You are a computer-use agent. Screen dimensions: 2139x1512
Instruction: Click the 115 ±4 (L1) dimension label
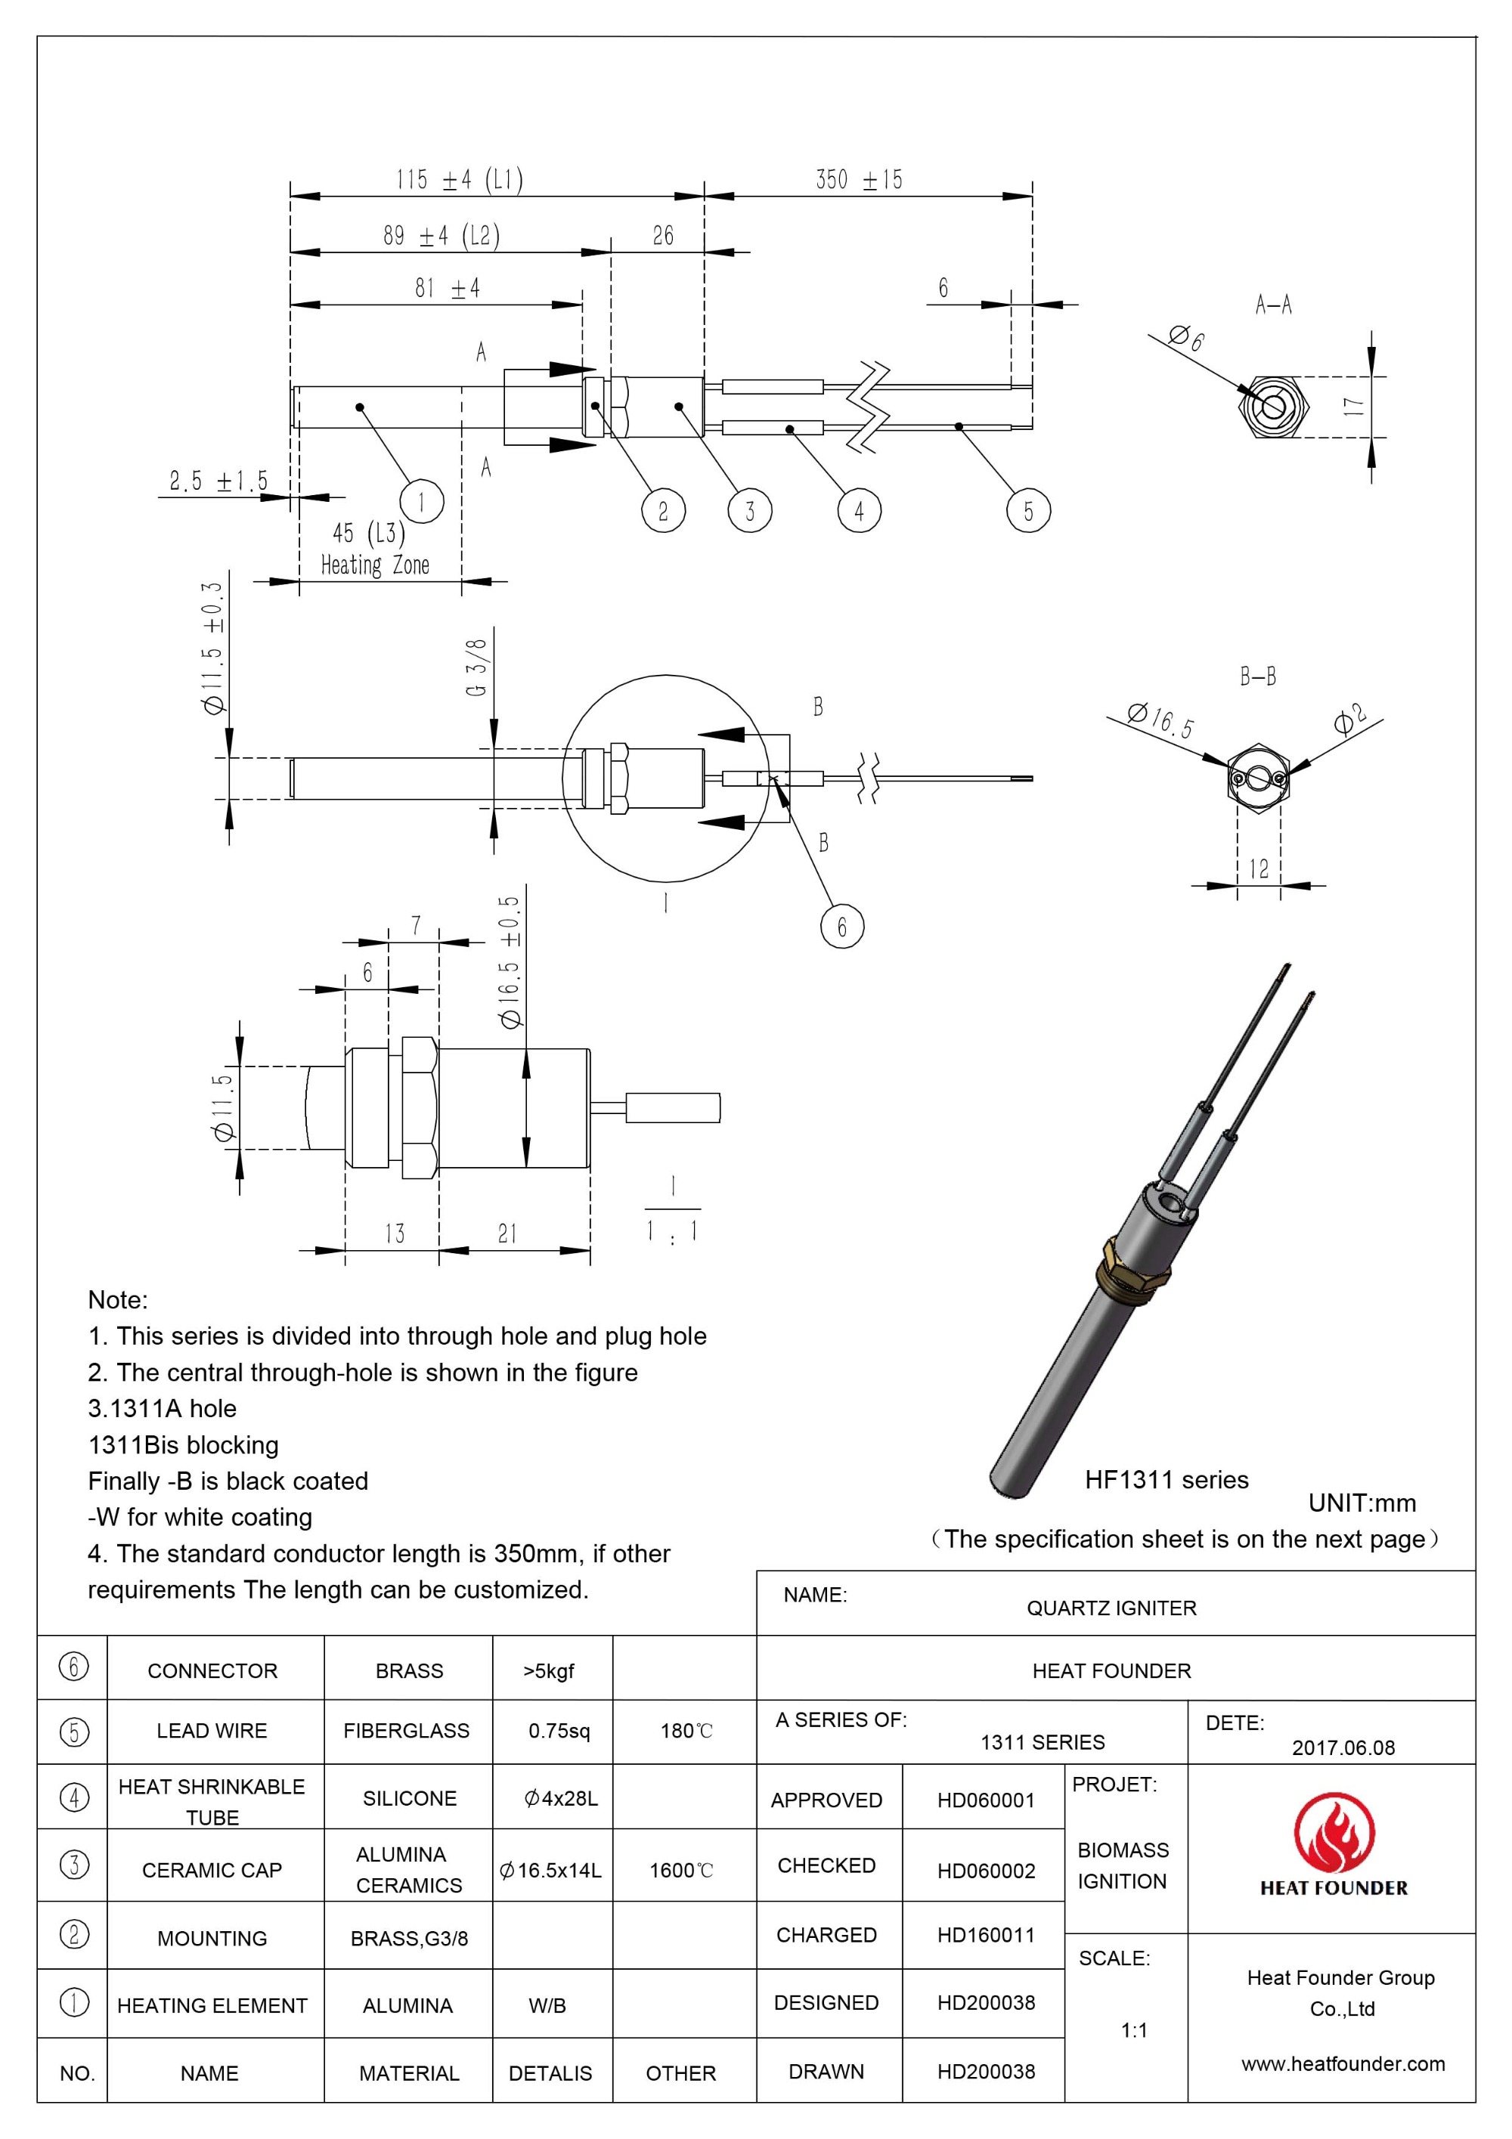click(x=460, y=179)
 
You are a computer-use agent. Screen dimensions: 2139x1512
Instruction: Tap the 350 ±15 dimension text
click(x=858, y=180)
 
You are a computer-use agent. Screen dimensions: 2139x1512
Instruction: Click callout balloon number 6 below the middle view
click(x=841, y=926)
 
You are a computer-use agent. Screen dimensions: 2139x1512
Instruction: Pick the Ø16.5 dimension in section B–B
click(x=1160, y=720)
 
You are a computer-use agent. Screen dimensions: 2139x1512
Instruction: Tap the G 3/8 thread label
click(x=476, y=667)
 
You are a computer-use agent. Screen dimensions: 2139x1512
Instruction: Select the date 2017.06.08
click(x=1343, y=1747)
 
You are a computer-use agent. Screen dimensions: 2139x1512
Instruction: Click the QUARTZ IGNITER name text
click(x=1111, y=1608)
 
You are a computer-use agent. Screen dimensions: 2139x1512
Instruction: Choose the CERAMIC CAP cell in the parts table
click(x=212, y=1870)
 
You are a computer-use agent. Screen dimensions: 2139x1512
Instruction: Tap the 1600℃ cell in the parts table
click(x=681, y=1870)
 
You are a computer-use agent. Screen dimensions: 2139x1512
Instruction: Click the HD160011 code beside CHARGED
click(x=986, y=1935)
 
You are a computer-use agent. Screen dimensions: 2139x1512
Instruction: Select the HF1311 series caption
click(x=1167, y=1479)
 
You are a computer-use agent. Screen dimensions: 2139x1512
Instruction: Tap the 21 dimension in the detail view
click(x=508, y=1234)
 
